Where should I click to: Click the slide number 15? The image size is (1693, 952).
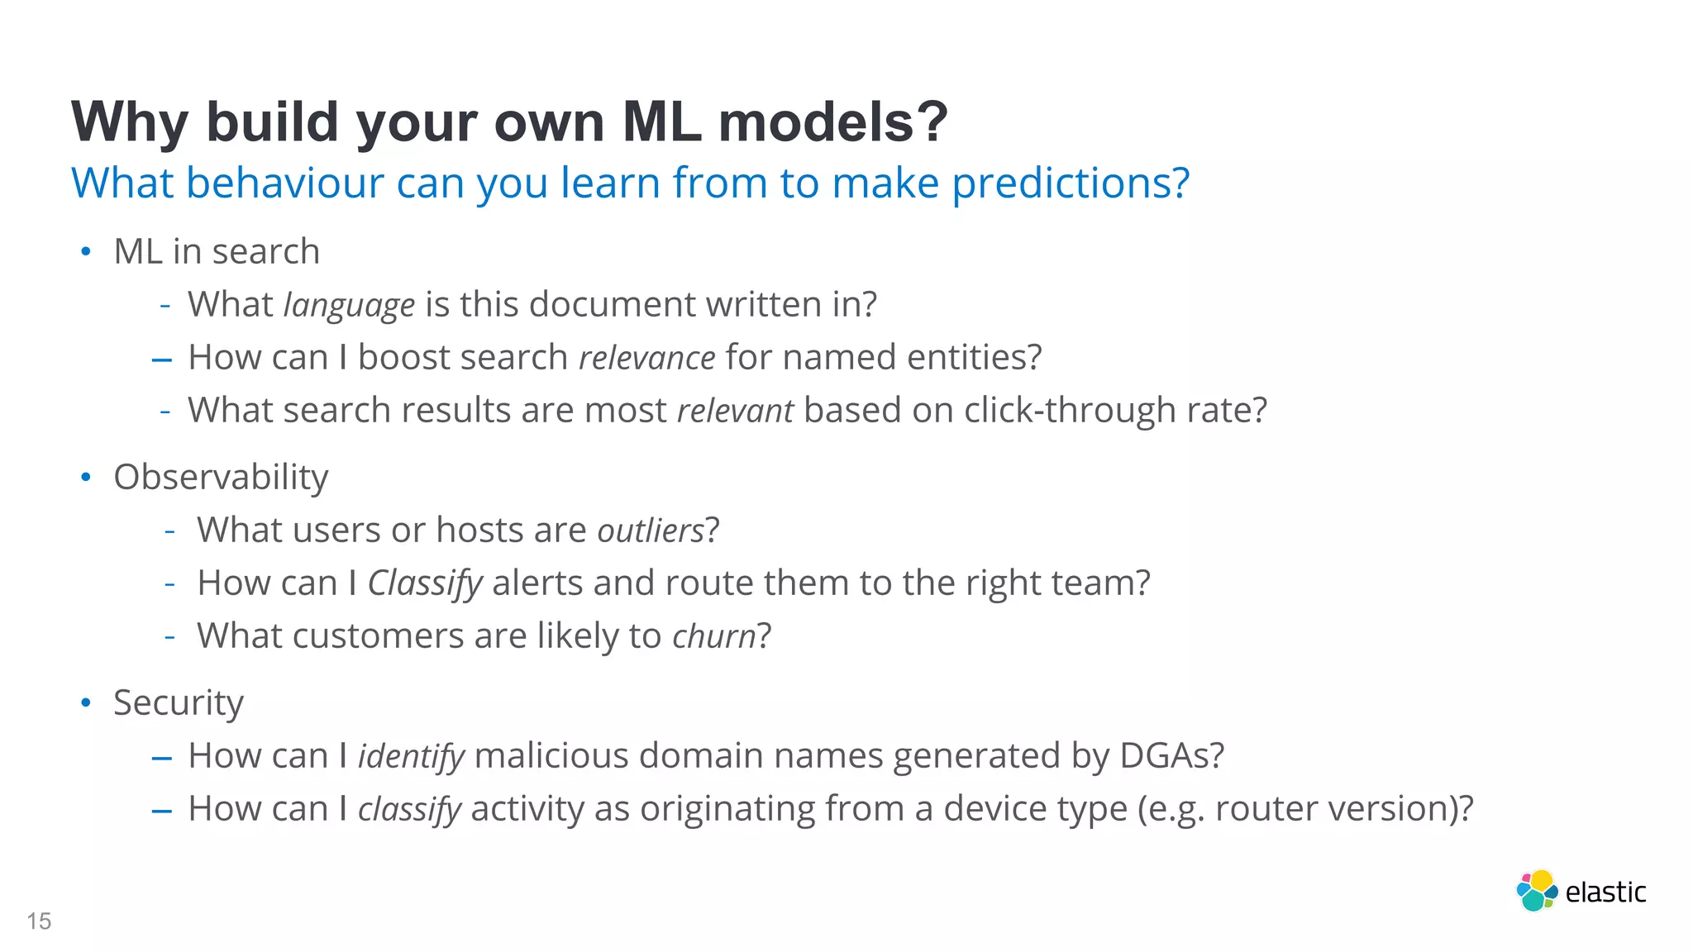pos(39,921)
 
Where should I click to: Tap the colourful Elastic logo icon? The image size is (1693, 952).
pos(1536,891)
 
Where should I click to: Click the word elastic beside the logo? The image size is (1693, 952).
pos(1605,892)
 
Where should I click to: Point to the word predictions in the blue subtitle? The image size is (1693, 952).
pos(1070,183)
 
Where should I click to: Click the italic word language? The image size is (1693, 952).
pos(349,306)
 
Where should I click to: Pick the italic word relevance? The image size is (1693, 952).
pos(646,359)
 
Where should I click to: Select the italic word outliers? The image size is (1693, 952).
pos(651,531)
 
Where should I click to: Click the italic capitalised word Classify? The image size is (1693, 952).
pos(424,583)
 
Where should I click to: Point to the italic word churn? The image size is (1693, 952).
pos(713,636)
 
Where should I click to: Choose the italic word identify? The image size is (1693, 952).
pos(411,756)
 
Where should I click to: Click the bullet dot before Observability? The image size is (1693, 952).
pos(86,478)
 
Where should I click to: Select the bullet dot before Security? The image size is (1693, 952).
pos(86,703)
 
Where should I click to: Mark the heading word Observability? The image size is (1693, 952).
pos(221,478)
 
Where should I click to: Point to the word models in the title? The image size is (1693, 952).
pos(832,122)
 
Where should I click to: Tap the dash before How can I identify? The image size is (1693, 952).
pos(162,758)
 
